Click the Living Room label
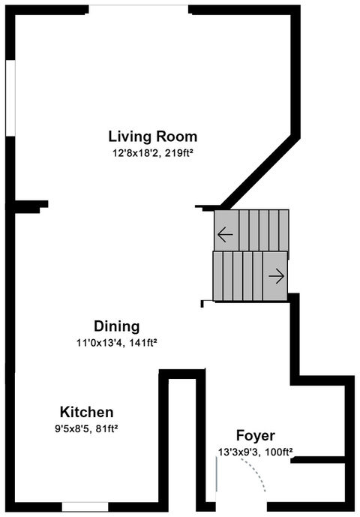(x=153, y=137)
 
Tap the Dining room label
(x=117, y=326)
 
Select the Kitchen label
(x=87, y=412)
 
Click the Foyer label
(x=256, y=436)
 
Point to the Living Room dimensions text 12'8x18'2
(x=137, y=153)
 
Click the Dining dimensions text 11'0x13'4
(x=100, y=343)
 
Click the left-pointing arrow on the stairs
(x=226, y=235)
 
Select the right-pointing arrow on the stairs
(x=277, y=276)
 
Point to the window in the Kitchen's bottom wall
(x=85, y=506)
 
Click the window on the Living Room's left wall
(x=10, y=98)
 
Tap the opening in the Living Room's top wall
(x=139, y=10)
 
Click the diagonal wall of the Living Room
(x=260, y=171)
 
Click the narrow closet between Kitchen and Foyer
(x=182, y=440)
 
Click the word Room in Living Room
(x=177, y=137)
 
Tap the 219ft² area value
(x=180, y=153)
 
